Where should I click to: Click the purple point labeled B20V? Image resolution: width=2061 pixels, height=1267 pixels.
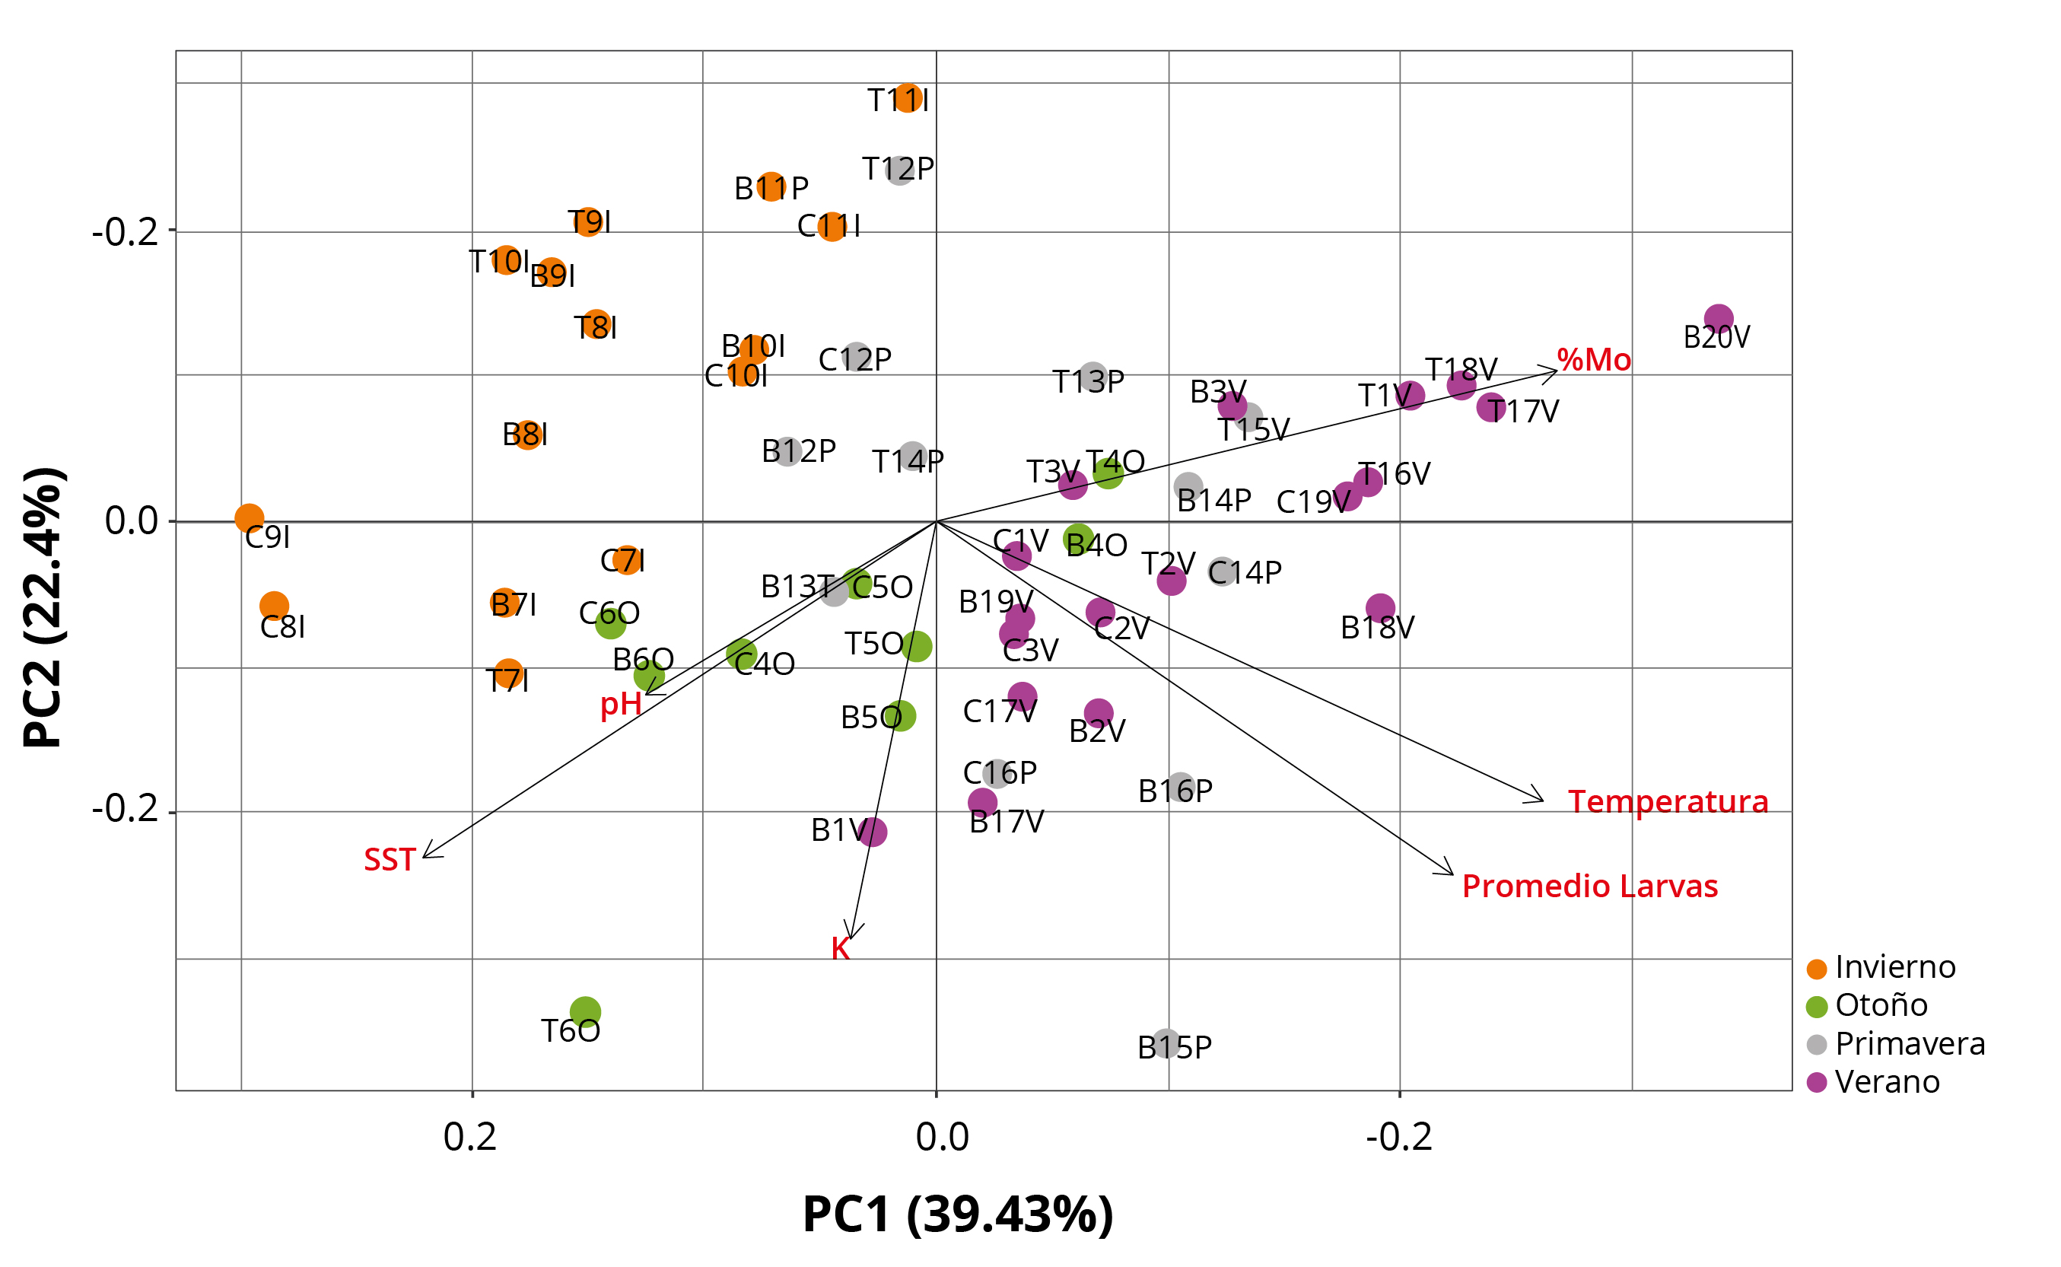coord(1719,318)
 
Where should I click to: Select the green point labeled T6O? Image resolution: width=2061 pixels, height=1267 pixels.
coord(585,1011)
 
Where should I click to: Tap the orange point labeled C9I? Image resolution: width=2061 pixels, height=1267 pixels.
coord(249,519)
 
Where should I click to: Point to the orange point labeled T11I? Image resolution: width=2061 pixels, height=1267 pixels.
coord(908,98)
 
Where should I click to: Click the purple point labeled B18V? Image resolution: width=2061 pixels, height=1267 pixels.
coord(1380,608)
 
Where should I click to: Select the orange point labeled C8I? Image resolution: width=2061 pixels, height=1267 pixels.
coord(274,605)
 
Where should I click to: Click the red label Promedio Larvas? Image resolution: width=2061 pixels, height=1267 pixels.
coord(1589,887)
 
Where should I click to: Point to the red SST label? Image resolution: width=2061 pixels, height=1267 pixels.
coord(390,860)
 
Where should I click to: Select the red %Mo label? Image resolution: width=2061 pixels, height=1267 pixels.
coord(1594,361)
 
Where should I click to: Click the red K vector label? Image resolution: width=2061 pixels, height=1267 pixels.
coord(841,949)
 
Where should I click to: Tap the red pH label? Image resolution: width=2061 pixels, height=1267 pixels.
coord(621,704)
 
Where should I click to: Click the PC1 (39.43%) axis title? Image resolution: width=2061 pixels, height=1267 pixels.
coord(958,1214)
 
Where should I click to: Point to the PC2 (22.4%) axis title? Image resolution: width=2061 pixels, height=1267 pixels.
coord(43,607)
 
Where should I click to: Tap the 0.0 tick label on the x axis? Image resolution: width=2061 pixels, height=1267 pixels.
coord(942,1137)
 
